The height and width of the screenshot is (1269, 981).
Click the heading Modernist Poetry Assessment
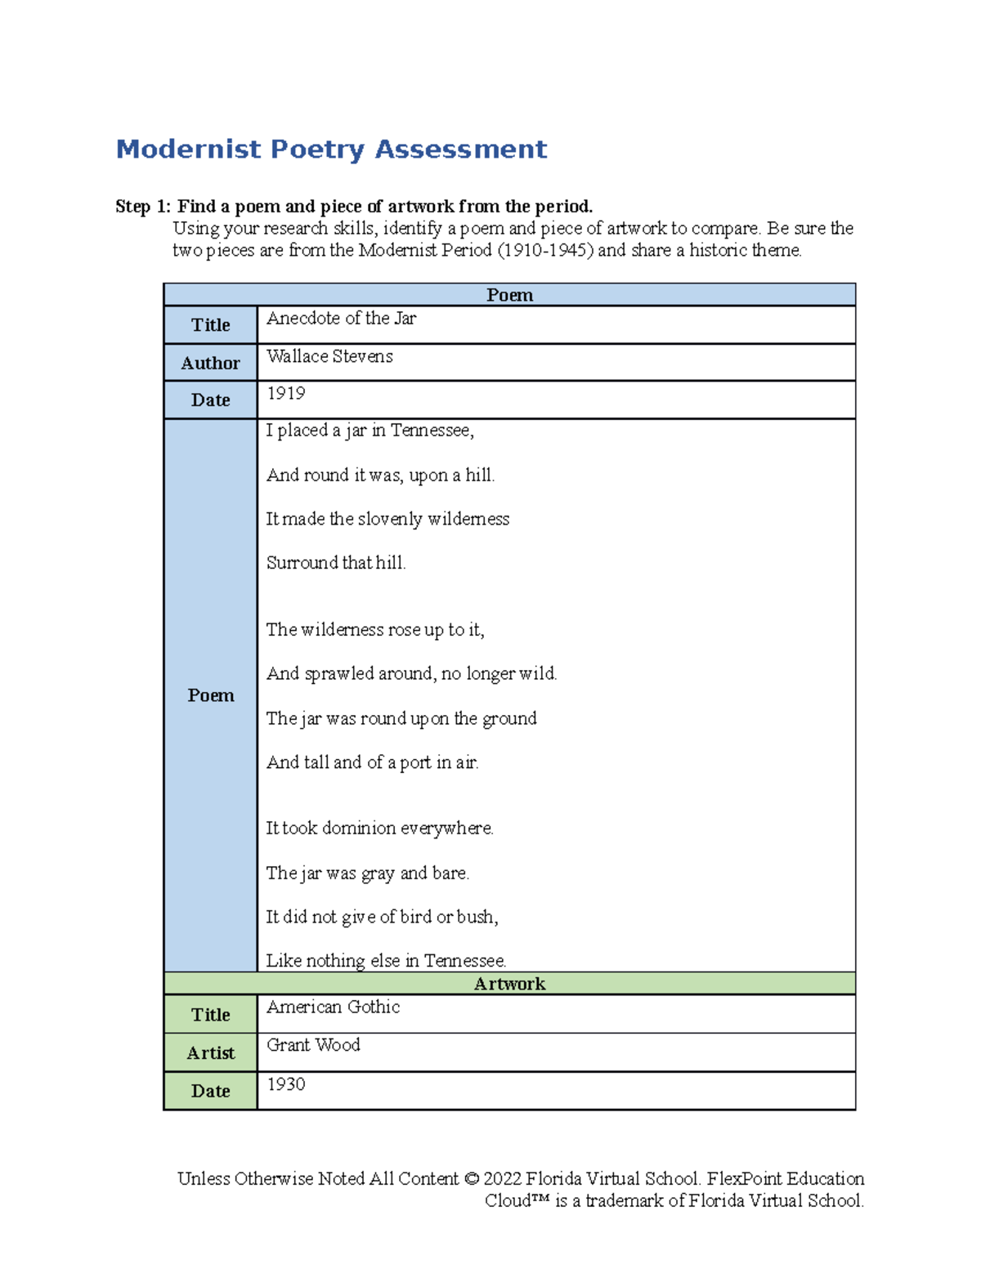coord(331,150)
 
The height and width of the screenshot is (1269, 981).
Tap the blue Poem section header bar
coord(509,295)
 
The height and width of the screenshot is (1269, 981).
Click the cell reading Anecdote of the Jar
coord(341,319)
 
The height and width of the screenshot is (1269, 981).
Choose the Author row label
coord(210,363)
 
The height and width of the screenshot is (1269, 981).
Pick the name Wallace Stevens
coord(329,356)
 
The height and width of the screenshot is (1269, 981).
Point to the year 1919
coord(286,394)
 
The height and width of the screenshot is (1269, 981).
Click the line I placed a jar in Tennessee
coord(370,431)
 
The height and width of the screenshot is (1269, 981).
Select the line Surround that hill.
coord(336,563)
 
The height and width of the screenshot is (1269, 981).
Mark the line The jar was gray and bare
coord(367,874)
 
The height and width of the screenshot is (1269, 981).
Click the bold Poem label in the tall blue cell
coord(210,695)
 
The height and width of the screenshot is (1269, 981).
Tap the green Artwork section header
coord(509,984)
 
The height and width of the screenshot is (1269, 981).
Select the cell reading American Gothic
coord(333,1008)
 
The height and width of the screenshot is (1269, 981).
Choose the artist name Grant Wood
coord(313,1045)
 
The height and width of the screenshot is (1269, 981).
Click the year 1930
coord(286,1084)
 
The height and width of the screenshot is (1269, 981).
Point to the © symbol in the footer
coord(471,1179)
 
